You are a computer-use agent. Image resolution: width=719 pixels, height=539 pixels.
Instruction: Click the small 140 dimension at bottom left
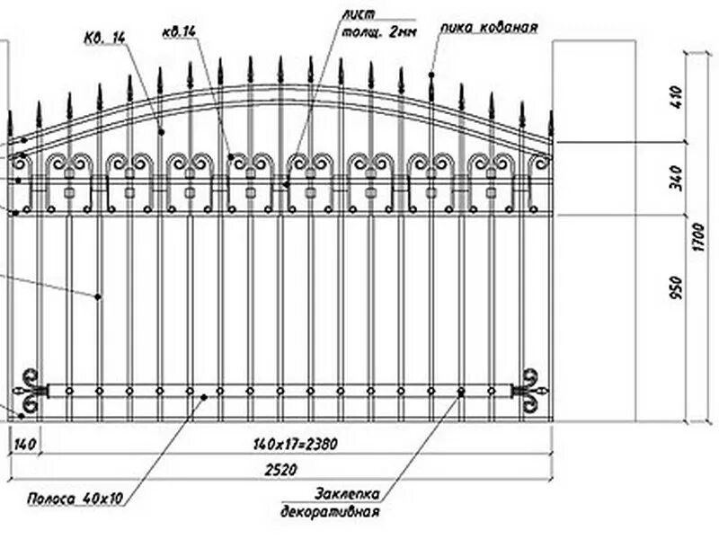24,444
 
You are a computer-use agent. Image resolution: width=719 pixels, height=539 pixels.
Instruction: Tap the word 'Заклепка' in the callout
348,494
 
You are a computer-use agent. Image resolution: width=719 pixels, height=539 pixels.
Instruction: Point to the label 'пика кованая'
489,28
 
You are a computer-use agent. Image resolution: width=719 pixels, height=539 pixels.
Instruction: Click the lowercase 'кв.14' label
179,32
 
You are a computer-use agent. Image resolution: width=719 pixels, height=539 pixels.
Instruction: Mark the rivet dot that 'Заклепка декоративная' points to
461,392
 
